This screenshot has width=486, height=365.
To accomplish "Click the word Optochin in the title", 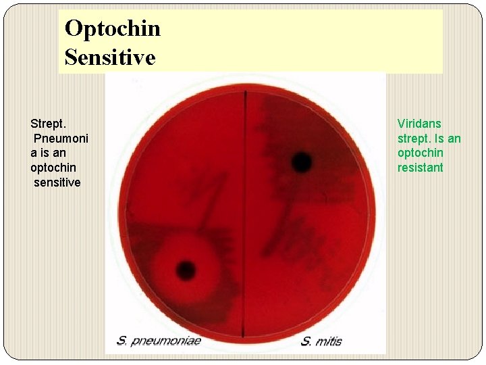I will (x=113, y=28).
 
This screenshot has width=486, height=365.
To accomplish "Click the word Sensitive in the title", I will (x=110, y=57).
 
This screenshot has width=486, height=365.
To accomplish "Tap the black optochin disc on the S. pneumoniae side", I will (x=186, y=270).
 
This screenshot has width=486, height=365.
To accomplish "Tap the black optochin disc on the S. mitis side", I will (x=302, y=162).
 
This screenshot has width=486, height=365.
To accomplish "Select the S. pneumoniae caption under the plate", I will (x=159, y=341).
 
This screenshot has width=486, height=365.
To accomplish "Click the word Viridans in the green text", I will (x=419, y=124).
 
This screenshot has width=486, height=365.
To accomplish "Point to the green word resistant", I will (x=420, y=168).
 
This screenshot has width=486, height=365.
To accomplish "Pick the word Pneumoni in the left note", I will (x=61, y=139).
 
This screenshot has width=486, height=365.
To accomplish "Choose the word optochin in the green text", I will (x=420, y=153).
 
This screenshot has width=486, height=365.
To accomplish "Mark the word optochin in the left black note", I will (x=53, y=168).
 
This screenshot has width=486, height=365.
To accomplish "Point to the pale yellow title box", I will (x=304, y=41).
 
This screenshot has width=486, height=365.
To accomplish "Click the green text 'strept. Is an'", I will (x=429, y=139).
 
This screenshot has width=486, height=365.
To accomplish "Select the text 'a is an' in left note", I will (x=48, y=153).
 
